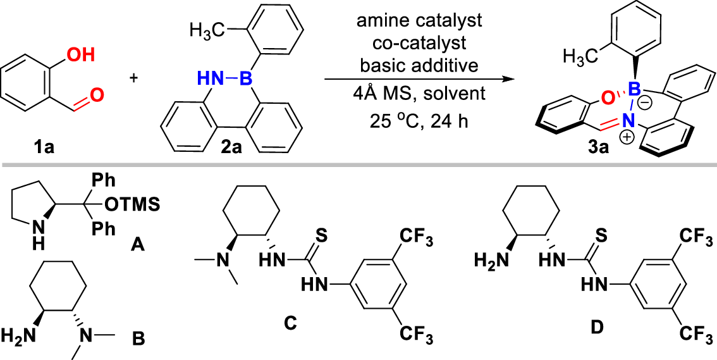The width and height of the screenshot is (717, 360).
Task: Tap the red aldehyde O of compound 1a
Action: [x=97, y=97]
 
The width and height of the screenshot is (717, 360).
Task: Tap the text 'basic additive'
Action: [x=419, y=65]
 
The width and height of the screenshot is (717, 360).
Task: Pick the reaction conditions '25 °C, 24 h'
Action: [x=419, y=118]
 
